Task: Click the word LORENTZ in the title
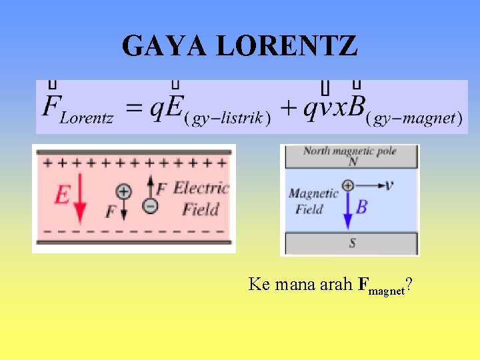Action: click(287, 47)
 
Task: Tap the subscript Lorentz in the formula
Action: click(87, 119)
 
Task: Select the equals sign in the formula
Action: click(135, 109)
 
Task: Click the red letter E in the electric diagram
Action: click(61, 195)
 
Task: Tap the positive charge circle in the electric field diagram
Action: click(124, 191)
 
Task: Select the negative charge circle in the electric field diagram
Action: click(151, 206)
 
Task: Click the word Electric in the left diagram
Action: click(201, 188)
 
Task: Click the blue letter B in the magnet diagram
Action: click(361, 207)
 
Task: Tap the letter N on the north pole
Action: click(351, 161)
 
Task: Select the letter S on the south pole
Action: click(352, 243)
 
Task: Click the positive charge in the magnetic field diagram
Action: click(347, 185)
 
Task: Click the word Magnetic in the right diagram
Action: click(313, 194)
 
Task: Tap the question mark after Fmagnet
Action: click(407, 285)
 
